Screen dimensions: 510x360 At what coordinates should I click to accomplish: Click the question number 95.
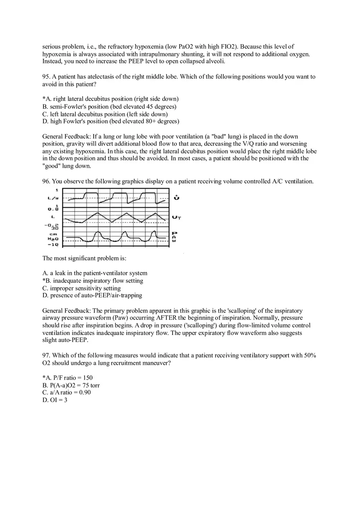pos(46,77)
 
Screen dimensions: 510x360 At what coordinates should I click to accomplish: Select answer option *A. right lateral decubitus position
pos(110,99)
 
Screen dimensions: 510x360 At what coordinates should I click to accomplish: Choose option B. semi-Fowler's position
pos(109,107)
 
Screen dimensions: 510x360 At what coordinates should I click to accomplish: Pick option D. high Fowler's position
pos(110,121)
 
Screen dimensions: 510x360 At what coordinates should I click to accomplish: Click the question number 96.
pos(46,182)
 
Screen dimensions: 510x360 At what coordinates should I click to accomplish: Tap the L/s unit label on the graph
pos(53,198)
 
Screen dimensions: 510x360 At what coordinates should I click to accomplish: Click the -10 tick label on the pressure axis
pos(53,245)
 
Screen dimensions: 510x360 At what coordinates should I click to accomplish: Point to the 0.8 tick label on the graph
pos(53,209)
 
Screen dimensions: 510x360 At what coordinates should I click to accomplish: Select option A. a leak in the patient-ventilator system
pos(95,273)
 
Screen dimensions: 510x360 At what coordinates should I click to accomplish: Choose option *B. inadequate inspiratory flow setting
pos(93,281)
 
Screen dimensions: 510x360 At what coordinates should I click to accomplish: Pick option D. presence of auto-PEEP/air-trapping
pos(92,295)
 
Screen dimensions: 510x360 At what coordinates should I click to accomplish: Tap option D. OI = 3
pos(55,400)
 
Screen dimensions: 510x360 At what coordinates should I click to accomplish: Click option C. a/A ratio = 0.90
pos(67,393)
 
